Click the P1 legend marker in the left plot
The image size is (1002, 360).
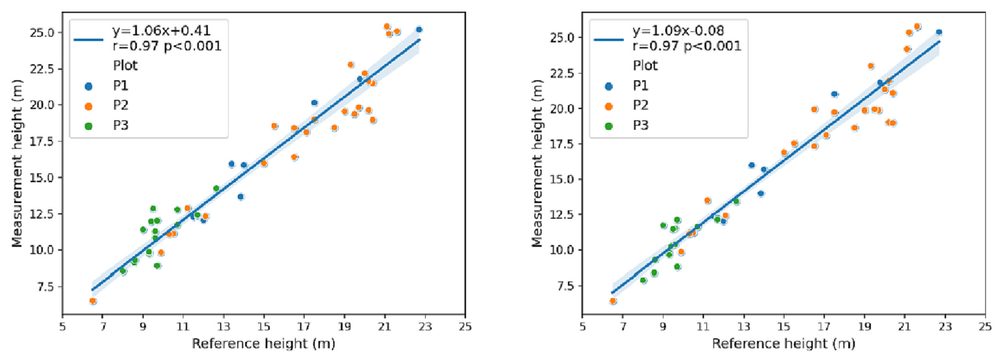click(x=89, y=85)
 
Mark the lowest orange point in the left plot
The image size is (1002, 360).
click(x=93, y=301)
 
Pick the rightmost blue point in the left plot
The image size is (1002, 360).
click(x=419, y=29)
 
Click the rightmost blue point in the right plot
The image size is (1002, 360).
click(x=939, y=32)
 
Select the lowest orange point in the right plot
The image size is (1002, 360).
click(x=612, y=301)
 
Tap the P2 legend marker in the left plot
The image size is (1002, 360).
click(x=89, y=105)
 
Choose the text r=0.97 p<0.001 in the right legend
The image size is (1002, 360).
click(x=686, y=46)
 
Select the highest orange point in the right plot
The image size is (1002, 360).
click(x=917, y=26)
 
